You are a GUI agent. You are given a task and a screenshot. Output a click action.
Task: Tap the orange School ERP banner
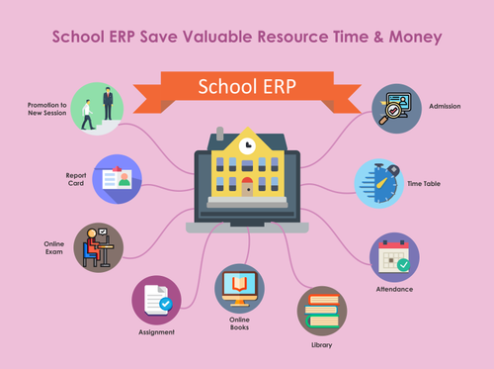point(247,86)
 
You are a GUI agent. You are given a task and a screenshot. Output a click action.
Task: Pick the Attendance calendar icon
point(394,257)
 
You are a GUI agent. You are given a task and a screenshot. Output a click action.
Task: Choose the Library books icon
point(321,311)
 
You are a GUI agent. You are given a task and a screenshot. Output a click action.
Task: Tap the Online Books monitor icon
point(239,289)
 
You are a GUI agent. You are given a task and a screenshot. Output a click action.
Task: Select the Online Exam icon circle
point(98,246)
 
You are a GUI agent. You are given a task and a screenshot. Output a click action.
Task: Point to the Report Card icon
point(118,179)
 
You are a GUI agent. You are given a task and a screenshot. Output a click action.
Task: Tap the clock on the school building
point(248,145)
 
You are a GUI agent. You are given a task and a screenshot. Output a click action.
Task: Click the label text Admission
point(444,106)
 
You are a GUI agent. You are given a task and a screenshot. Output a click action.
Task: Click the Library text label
point(320,345)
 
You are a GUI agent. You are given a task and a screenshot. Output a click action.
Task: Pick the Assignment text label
point(156,332)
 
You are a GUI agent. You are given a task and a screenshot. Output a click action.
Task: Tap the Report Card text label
point(74,179)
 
